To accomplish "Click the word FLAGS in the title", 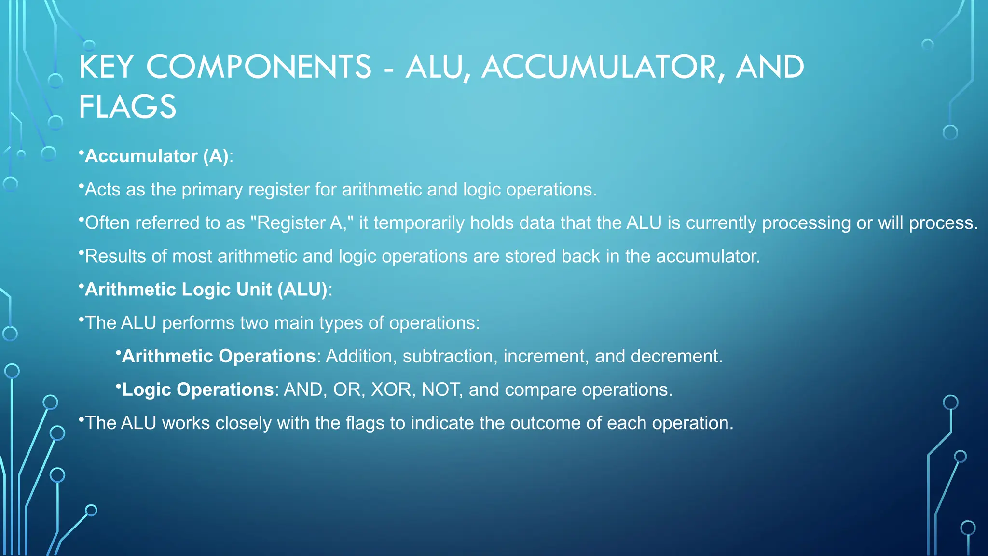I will pyautogui.click(x=128, y=107).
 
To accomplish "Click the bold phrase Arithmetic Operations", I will pyautogui.click(x=219, y=356).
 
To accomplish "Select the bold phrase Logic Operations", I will pyautogui.click(x=198, y=389).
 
